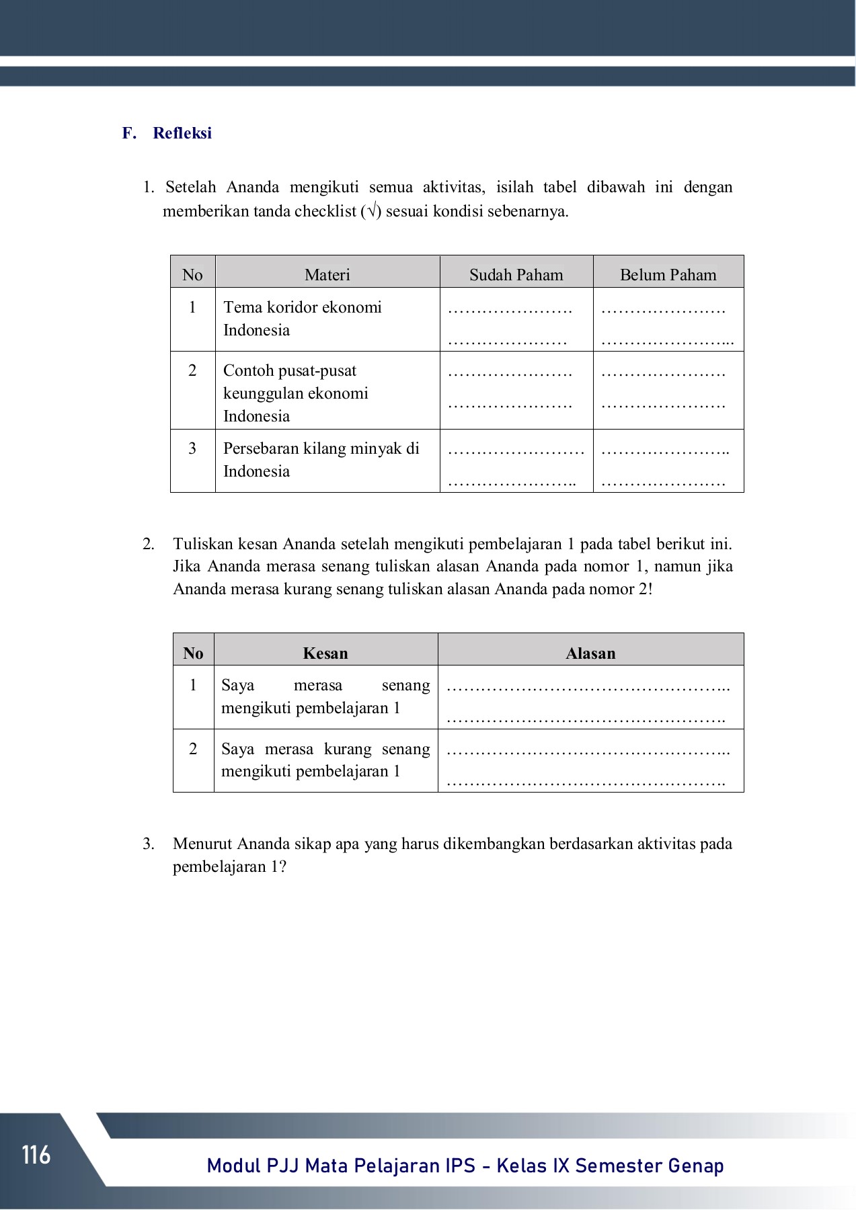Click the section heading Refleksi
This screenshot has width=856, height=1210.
click(x=182, y=133)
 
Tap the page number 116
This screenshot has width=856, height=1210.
click(x=36, y=1155)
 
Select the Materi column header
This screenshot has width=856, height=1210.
click(x=327, y=274)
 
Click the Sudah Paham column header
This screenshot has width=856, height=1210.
click(x=516, y=274)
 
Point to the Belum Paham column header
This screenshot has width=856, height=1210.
click(x=668, y=274)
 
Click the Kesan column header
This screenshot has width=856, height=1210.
click(x=325, y=653)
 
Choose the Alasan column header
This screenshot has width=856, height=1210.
click(x=590, y=653)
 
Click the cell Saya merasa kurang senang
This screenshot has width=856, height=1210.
click(x=325, y=760)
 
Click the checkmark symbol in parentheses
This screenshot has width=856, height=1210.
click(x=371, y=212)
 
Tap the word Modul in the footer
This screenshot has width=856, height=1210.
click(x=233, y=1166)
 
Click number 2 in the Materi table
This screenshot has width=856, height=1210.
click(x=192, y=371)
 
